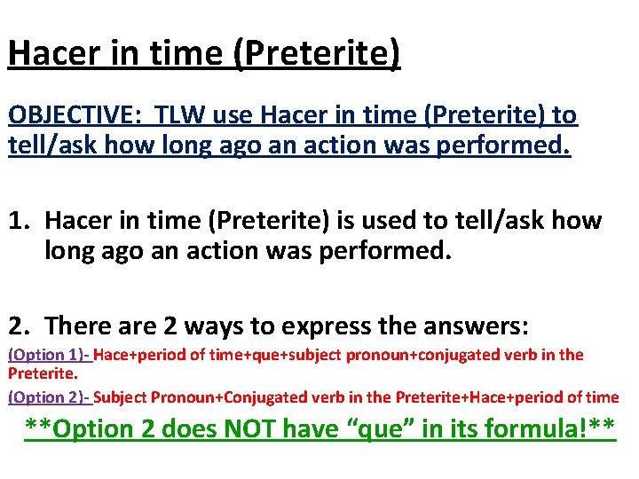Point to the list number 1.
(x=19, y=220)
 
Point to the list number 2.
(x=19, y=326)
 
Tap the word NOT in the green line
(x=252, y=429)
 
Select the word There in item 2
(x=81, y=326)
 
